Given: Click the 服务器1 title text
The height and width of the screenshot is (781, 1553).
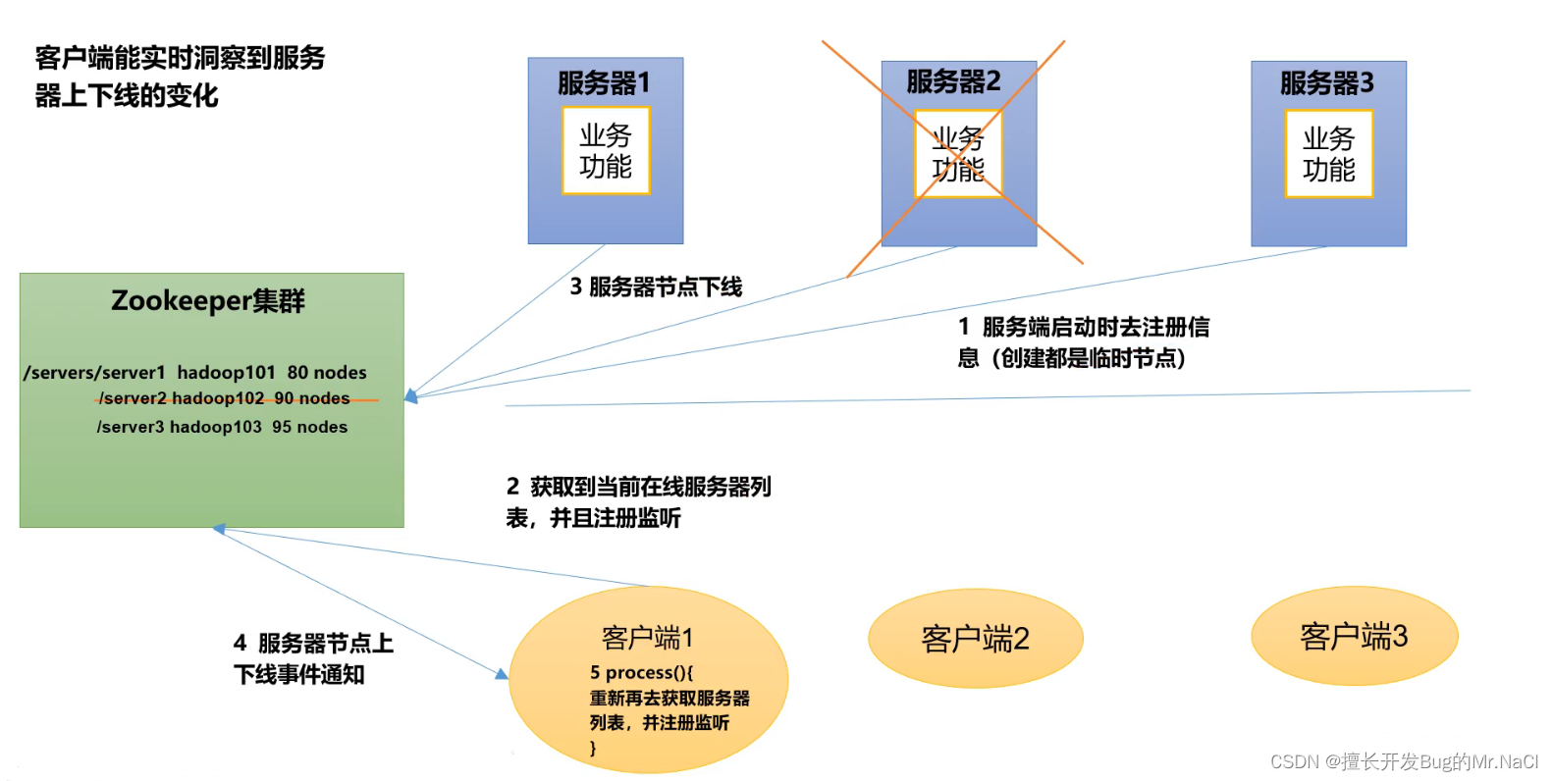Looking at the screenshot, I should coord(604,83).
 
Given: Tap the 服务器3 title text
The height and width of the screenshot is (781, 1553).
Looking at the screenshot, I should coord(1326,83).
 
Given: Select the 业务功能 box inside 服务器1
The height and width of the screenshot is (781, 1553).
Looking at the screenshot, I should coord(606,151).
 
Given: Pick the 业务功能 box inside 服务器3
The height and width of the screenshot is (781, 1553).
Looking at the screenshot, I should coord(1328,154).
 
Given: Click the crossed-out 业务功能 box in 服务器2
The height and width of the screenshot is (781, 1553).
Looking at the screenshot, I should coord(958,154).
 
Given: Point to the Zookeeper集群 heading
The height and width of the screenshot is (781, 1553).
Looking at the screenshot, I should coord(208,300).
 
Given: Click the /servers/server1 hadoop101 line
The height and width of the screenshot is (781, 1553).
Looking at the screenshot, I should coord(195,373).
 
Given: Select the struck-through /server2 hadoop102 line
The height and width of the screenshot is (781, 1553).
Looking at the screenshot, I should coord(225,398).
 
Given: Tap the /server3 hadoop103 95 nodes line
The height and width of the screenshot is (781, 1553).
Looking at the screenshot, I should coord(222,427).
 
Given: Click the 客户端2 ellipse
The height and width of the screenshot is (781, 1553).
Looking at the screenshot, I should coord(975,639).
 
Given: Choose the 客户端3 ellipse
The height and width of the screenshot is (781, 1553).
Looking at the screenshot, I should coord(1354,637).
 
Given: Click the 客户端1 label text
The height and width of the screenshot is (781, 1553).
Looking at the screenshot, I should coord(647,639).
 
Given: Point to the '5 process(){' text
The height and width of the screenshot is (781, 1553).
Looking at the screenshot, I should coord(641,673).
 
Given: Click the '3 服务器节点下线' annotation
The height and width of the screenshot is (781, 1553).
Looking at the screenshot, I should coord(656,286).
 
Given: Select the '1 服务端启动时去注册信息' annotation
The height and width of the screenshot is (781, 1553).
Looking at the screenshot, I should coord(1083,341).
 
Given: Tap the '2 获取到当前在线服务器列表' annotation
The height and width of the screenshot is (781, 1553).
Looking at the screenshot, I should coord(638,501).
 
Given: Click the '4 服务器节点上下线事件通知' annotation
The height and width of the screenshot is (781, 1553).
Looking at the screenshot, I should coord(312,658).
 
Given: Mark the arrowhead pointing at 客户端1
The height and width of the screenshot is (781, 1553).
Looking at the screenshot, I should coord(502,674).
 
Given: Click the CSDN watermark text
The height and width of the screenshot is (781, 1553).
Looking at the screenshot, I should coord(1404,762).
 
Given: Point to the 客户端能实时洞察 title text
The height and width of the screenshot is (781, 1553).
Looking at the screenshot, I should coord(180,76).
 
